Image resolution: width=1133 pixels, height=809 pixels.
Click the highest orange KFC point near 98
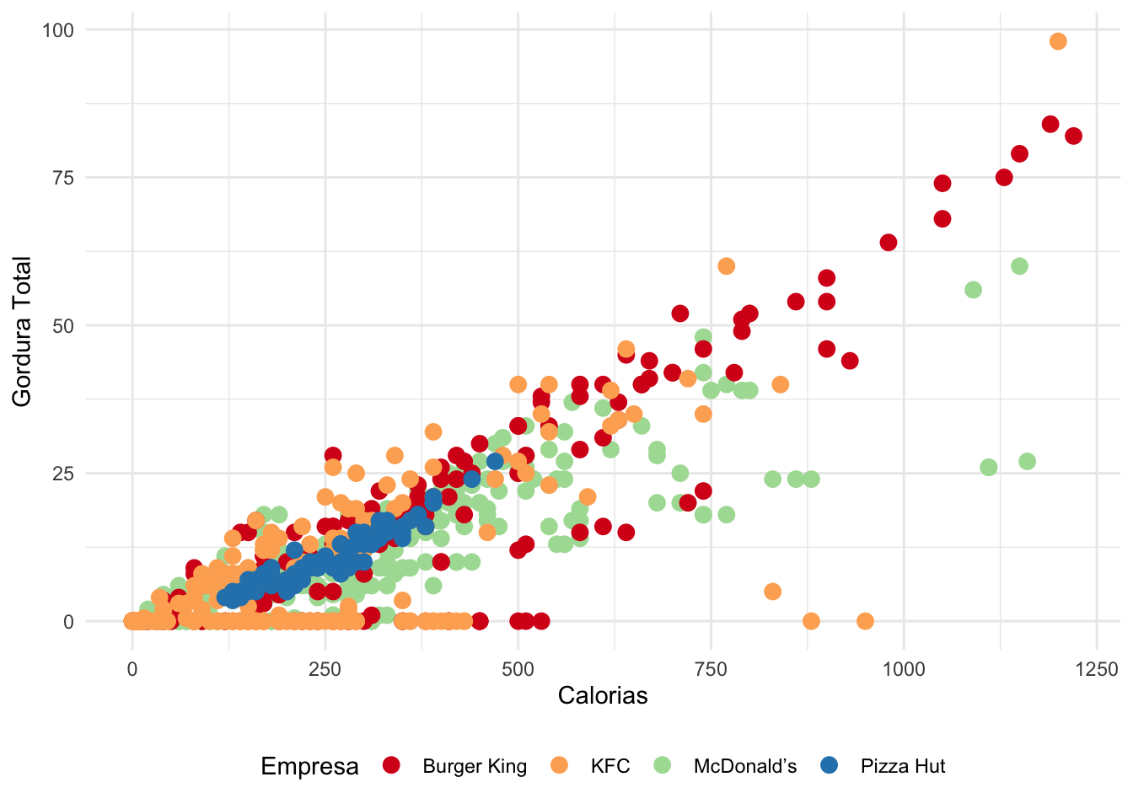[1058, 41]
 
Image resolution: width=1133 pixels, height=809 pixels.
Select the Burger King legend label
[475, 766]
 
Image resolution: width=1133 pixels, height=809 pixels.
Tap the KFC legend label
[610, 766]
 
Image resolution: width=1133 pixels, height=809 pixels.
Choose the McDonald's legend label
[745, 766]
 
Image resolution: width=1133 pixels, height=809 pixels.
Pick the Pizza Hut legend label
[903, 766]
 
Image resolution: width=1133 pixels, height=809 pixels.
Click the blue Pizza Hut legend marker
[830, 765]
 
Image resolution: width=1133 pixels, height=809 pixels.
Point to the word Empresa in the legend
[309, 766]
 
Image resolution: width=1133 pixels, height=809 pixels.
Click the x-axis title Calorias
[603, 695]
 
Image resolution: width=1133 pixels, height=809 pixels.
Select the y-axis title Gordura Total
[22, 331]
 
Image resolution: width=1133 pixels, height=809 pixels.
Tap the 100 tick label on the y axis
[58, 30]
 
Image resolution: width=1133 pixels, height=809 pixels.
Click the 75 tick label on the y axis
[62, 178]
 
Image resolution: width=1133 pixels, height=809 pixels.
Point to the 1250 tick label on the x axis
[1096, 670]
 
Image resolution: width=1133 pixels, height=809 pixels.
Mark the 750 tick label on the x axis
[711, 670]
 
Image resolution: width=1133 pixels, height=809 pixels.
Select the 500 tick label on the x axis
[518, 670]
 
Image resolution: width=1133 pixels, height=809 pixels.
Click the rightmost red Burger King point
[1073, 136]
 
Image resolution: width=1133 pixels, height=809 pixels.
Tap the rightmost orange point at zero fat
[865, 621]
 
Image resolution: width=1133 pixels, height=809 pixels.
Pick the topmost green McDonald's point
[1019, 266]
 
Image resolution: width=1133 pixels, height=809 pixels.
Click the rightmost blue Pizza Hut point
[495, 461]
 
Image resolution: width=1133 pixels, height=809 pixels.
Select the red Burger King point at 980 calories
[888, 243]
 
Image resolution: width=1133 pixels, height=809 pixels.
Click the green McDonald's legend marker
[663, 765]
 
